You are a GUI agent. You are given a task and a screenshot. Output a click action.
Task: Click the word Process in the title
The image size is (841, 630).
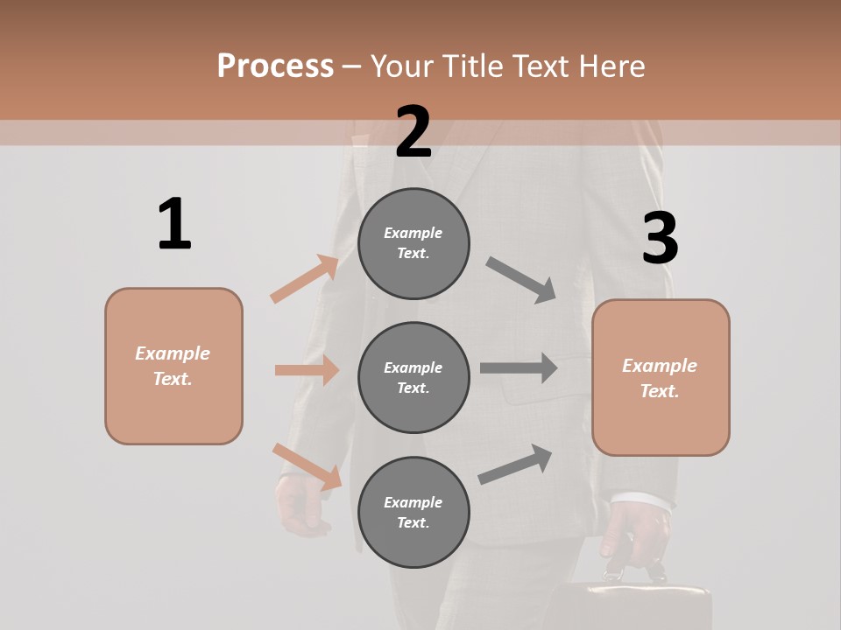[x=275, y=66]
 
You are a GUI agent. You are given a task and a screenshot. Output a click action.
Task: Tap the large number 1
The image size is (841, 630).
[x=174, y=224]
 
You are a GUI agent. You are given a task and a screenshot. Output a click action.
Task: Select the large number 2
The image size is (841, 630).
[x=413, y=132]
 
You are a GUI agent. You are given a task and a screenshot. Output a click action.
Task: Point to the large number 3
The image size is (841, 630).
[x=660, y=238]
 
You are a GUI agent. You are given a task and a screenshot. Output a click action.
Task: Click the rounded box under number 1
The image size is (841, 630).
[x=173, y=366]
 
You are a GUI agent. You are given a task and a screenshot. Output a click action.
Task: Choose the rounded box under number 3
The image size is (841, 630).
[x=661, y=377]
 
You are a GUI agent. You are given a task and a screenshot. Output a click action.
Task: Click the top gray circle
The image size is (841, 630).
[x=413, y=243]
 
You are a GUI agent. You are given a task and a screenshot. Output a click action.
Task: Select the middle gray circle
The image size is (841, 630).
[x=413, y=377]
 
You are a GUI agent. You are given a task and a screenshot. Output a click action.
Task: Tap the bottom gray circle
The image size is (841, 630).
[x=413, y=512]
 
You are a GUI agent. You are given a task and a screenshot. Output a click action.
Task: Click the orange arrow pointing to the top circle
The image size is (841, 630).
[x=305, y=279]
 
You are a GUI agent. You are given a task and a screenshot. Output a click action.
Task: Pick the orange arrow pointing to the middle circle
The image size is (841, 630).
[x=307, y=370]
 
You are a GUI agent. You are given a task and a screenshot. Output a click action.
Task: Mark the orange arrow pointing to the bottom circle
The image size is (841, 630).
[x=307, y=466]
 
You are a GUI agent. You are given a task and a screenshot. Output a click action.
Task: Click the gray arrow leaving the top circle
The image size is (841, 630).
[x=520, y=279]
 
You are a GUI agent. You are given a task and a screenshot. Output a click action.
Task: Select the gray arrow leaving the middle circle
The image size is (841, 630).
[x=519, y=367]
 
